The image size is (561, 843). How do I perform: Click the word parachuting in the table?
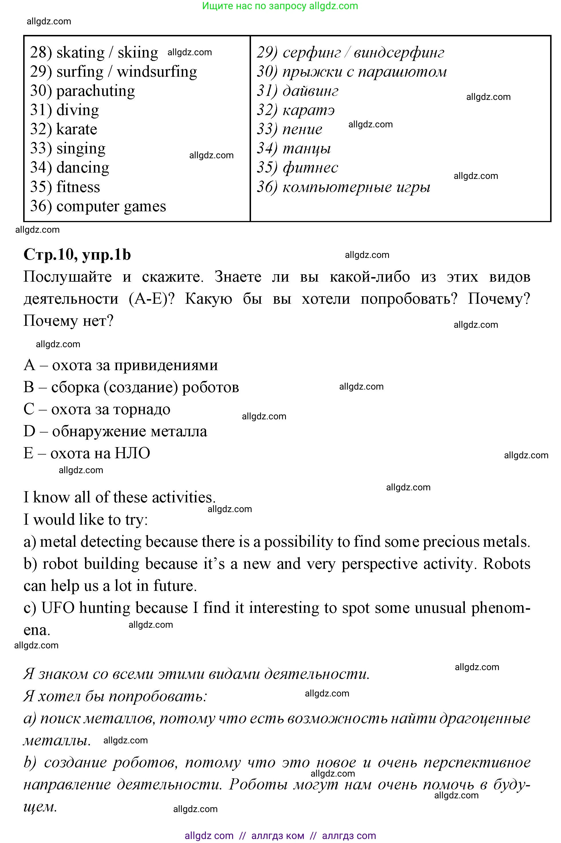(x=96, y=91)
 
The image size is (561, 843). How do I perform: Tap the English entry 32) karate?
(x=63, y=129)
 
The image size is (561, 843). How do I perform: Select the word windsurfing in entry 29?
(x=157, y=72)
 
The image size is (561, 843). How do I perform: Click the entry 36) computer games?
(x=98, y=206)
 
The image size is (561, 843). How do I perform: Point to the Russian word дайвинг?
(x=310, y=91)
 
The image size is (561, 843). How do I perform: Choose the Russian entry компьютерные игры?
(x=356, y=187)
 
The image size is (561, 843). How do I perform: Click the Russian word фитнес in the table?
(x=310, y=168)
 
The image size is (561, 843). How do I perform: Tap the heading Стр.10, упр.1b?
(x=77, y=255)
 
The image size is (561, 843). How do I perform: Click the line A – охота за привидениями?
(x=121, y=365)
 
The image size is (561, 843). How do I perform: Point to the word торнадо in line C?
(x=146, y=409)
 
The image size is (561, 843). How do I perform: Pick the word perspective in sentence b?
(x=379, y=564)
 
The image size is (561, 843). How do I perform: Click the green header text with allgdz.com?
(x=280, y=6)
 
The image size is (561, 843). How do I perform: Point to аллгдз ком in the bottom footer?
(x=278, y=836)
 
